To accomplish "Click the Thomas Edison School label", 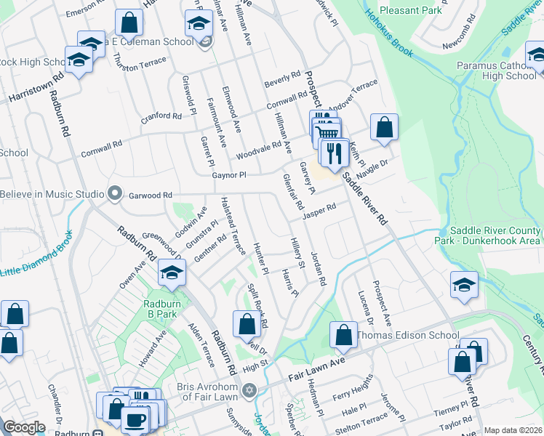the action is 407,335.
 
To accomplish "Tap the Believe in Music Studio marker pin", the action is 114,194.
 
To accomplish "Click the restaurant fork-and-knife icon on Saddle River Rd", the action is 335,154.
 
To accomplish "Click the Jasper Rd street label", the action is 319,211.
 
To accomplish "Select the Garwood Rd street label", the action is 151,195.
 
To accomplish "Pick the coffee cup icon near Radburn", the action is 135,418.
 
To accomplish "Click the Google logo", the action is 24,427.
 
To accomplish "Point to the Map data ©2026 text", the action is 513,430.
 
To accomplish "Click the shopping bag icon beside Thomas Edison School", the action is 343,335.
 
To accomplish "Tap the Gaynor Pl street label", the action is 229,175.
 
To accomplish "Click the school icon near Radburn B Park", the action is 172,274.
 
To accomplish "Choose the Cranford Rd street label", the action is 161,116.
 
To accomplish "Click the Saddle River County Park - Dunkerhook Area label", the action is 495,235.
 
